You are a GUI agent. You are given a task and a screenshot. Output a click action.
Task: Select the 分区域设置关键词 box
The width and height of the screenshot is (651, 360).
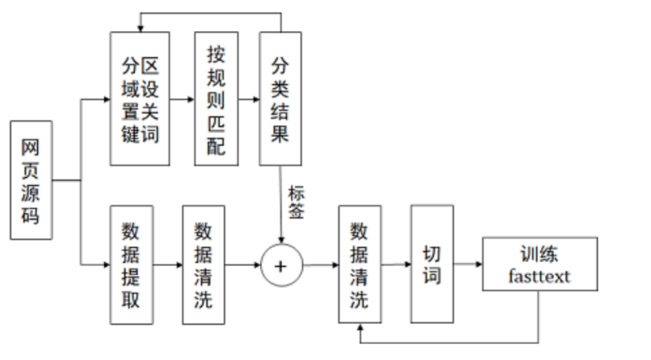(139, 99)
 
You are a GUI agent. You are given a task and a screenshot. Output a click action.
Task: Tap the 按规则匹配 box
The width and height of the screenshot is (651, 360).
(216, 99)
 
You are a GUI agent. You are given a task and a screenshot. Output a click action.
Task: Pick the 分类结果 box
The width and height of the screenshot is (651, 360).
(281, 99)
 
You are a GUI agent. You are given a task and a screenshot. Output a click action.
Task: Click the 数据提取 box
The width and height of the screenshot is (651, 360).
(132, 264)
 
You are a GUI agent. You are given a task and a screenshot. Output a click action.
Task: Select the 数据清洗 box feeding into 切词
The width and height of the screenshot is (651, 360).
(360, 264)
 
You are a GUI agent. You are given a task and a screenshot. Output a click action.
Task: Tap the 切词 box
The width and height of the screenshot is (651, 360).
(431, 263)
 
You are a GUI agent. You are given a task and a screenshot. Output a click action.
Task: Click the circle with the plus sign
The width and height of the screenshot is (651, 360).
(281, 265)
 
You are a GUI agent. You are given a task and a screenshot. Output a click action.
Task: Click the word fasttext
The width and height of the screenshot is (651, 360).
(539, 274)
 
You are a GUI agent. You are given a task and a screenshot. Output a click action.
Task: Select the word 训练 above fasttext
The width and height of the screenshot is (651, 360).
(539, 254)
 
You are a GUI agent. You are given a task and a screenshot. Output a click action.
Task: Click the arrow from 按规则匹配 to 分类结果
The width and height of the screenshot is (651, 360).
(249, 99)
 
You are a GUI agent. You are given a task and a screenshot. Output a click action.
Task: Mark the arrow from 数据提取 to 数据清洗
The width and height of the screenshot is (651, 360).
(168, 264)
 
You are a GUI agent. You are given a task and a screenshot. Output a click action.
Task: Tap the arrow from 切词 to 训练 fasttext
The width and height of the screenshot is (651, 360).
(467, 264)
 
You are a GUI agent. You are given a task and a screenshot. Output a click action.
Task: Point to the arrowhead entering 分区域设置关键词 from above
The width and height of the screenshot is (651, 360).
(139, 27)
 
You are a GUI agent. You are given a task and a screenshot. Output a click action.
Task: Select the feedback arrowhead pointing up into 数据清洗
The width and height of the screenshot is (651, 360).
(360, 329)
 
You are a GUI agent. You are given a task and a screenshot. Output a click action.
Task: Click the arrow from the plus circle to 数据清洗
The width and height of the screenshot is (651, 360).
(320, 265)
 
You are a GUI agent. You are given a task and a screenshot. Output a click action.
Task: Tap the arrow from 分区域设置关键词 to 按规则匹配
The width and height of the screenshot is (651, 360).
(181, 99)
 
